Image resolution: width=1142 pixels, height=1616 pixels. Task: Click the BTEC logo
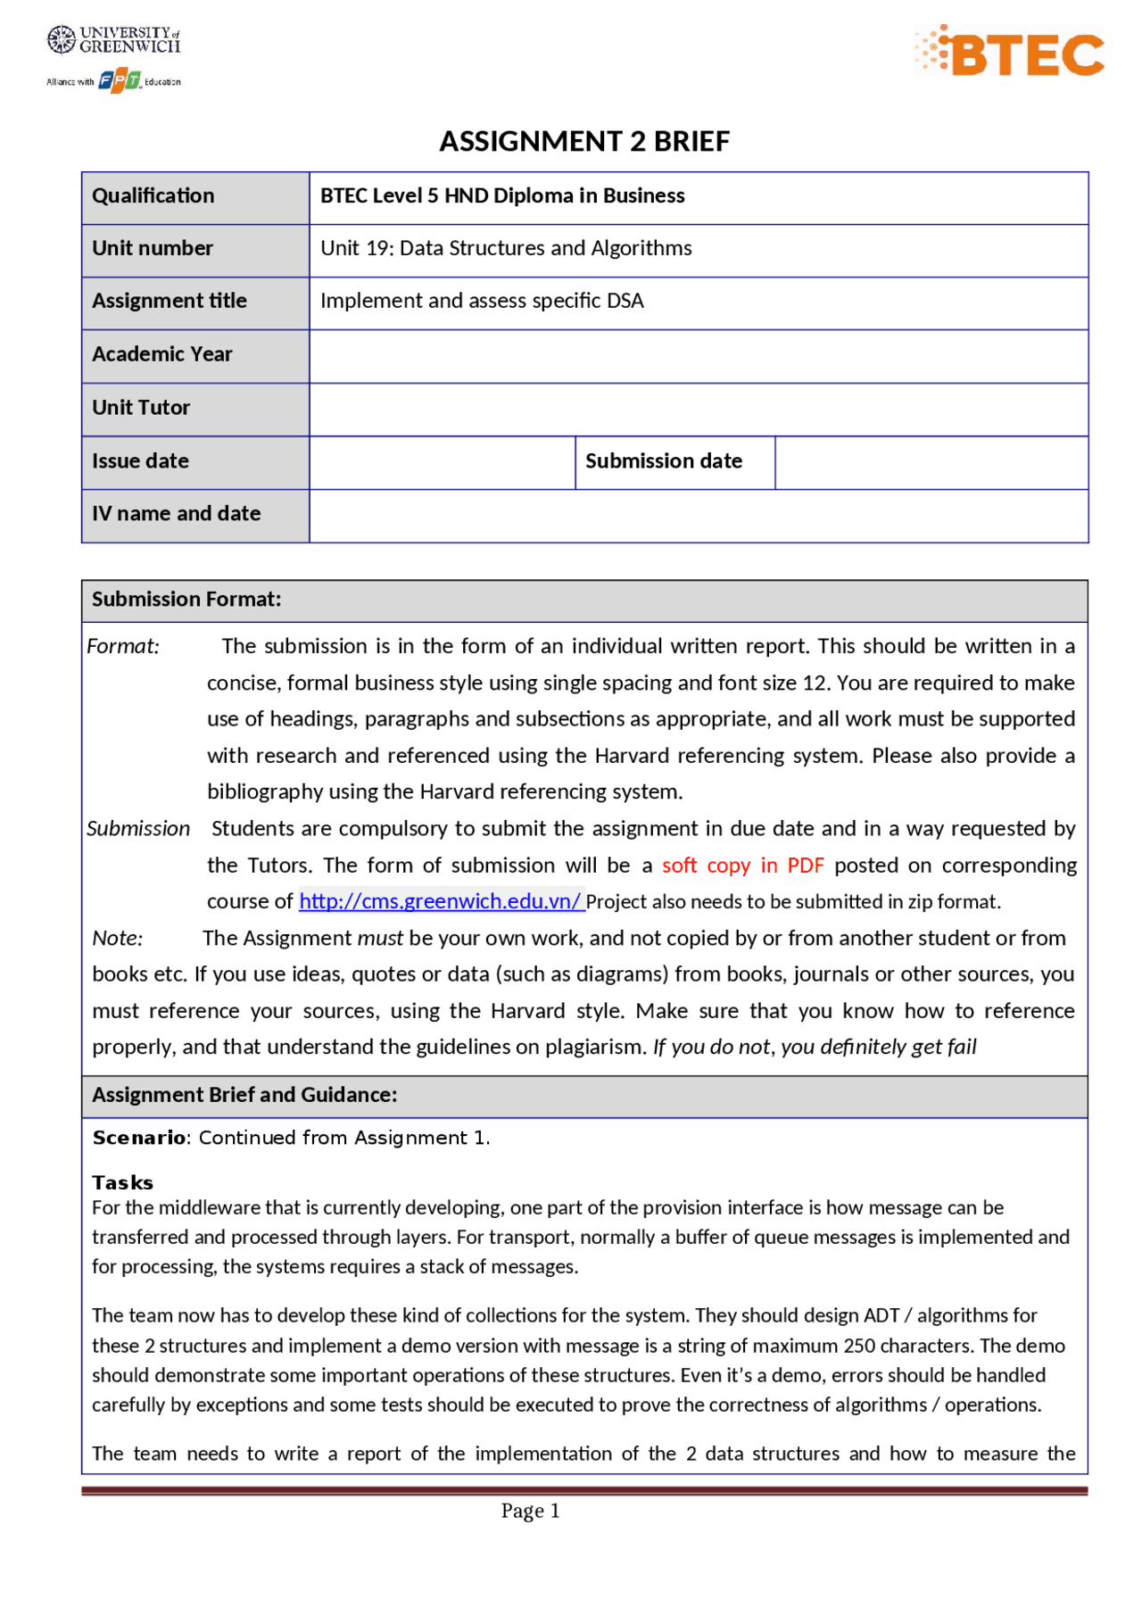[x=1010, y=52]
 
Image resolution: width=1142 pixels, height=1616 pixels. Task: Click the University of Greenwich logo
[x=113, y=40]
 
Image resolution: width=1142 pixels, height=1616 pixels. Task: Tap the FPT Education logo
[x=120, y=81]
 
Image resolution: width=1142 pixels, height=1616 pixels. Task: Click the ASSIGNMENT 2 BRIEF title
[x=584, y=141]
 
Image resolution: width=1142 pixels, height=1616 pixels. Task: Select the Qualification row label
[x=153, y=196]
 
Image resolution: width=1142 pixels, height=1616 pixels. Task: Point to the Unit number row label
[x=153, y=248]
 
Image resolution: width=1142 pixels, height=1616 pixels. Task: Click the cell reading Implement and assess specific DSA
[x=482, y=301]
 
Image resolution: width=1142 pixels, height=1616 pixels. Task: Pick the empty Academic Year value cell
[x=698, y=355]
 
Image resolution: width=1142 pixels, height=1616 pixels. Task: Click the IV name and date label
[x=176, y=514]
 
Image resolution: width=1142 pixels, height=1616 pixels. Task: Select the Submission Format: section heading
[x=186, y=600]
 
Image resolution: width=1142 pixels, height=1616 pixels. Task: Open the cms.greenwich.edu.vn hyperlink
[x=441, y=901]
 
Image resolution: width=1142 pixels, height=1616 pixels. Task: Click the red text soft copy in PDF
[x=742, y=866]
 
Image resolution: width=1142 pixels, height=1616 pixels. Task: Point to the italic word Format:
[x=123, y=646]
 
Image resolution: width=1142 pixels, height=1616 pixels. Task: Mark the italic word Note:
[x=118, y=938]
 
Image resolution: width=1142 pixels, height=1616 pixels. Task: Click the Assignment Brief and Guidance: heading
[x=244, y=1095]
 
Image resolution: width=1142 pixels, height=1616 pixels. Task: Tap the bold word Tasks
[x=122, y=1182]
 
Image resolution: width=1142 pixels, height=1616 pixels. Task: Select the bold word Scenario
[x=139, y=1138]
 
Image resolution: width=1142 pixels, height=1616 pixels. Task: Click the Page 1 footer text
[x=530, y=1511]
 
